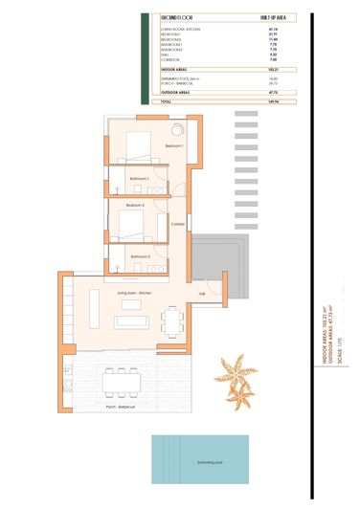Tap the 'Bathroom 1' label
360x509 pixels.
(x=140, y=178)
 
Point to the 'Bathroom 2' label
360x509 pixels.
(x=141, y=256)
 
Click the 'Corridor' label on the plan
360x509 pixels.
(x=177, y=225)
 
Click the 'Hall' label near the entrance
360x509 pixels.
(x=202, y=293)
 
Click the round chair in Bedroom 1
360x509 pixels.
(x=178, y=130)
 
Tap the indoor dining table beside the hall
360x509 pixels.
(x=172, y=318)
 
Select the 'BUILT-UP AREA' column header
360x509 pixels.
(x=274, y=17)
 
